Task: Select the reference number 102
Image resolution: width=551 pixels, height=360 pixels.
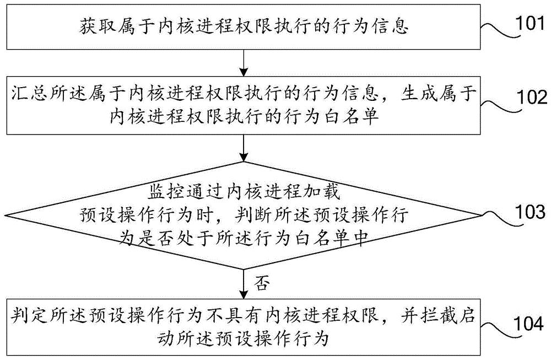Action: click(530, 98)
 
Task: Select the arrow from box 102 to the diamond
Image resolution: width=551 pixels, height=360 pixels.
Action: click(244, 148)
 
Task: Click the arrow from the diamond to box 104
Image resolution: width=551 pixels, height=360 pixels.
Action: click(244, 283)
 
